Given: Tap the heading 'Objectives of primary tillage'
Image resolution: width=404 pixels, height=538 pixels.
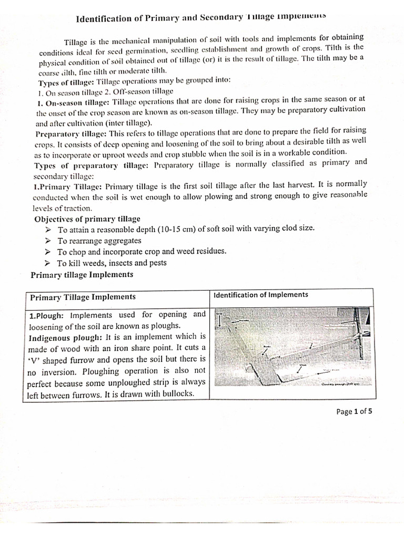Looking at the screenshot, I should click(x=87, y=219).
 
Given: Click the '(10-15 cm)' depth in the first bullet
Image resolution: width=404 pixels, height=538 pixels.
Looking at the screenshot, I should click(x=173, y=229).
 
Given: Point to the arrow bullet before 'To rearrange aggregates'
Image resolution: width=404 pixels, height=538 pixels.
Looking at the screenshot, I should click(x=48, y=241).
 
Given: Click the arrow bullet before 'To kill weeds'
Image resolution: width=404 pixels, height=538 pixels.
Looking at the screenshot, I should click(x=48, y=263).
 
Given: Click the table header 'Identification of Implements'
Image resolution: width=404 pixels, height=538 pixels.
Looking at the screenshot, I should click(x=260, y=295).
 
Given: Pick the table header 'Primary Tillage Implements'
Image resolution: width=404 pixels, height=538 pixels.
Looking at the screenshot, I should click(x=83, y=297).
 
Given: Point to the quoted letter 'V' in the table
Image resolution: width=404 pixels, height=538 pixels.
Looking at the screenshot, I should click(x=33, y=359).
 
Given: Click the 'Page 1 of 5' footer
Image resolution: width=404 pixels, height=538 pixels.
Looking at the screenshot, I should click(x=354, y=411).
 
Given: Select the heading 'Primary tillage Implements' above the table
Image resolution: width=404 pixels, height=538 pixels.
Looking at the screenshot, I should click(x=82, y=275).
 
